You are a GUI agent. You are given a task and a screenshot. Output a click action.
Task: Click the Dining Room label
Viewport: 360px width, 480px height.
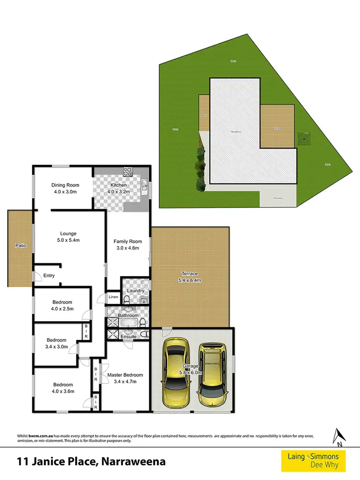[65, 185]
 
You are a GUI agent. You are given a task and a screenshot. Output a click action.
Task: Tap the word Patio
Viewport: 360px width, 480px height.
[20, 246]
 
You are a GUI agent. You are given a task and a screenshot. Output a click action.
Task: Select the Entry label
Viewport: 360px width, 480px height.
[49, 276]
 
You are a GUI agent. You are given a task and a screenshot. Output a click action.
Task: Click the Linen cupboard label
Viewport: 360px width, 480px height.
[113, 297]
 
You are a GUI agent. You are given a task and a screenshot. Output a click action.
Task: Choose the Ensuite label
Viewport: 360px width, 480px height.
[129, 336]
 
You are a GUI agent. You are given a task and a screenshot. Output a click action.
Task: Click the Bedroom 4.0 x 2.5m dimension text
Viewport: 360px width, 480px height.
[63, 309]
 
